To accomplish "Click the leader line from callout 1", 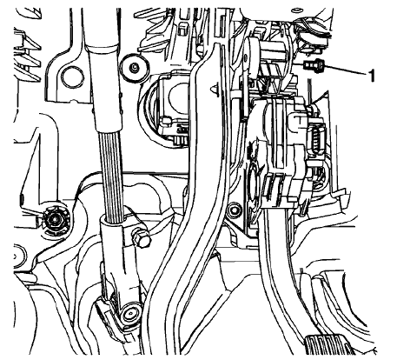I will point(347,71).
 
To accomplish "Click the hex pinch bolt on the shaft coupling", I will point(139,237).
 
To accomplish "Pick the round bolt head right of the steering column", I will point(134,67).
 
